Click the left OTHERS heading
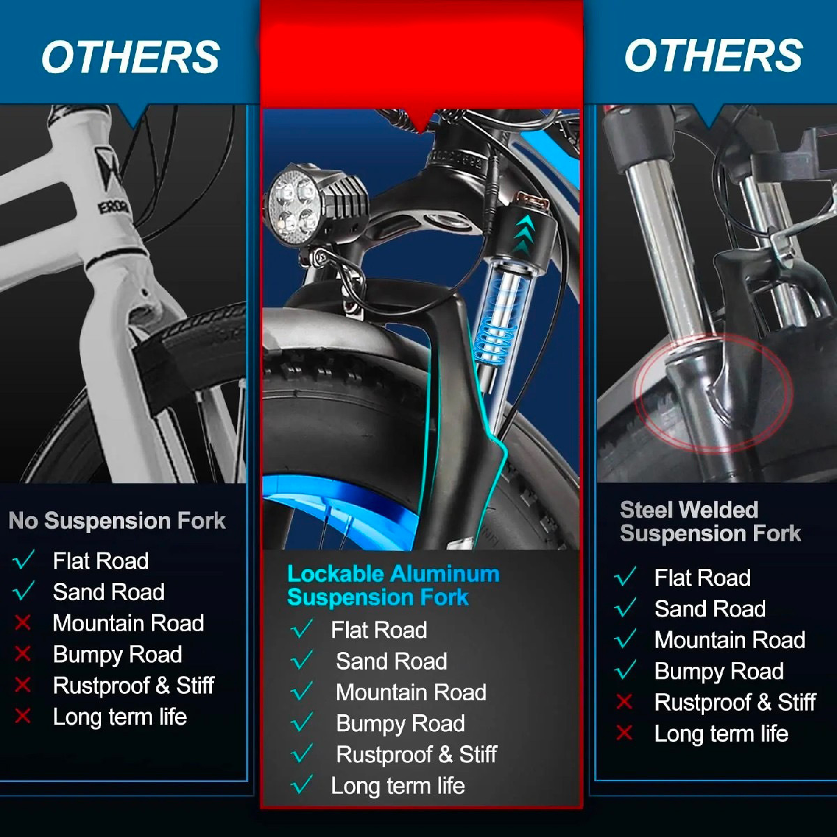point(130,57)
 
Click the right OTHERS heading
point(714,55)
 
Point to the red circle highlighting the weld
point(637,393)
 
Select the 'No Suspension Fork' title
point(117,520)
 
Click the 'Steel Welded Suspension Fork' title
point(710,522)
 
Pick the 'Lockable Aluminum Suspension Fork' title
point(393,585)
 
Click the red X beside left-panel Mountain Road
point(22,623)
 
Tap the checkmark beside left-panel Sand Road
point(24,590)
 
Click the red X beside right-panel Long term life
point(624,733)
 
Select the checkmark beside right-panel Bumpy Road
point(625,670)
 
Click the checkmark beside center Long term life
point(301,785)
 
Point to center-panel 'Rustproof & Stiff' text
point(416,755)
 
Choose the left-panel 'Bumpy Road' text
point(117,654)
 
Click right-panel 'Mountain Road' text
point(730,640)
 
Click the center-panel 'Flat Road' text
point(379,630)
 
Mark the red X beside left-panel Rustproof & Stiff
point(22,685)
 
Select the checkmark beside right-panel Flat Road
point(625,576)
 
